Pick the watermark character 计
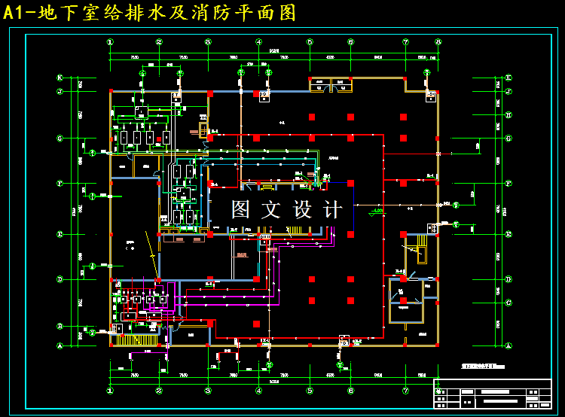click(x=332, y=209)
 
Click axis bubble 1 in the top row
click(x=110, y=42)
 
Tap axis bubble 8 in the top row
click(x=438, y=42)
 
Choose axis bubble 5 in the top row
click(x=310, y=42)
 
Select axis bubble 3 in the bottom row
click(x=208, y=391)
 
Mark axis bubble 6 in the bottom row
click(x=351, y=391)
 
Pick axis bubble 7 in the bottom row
click(x=405, y=391)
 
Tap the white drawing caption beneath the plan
click(x=482, y=366)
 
